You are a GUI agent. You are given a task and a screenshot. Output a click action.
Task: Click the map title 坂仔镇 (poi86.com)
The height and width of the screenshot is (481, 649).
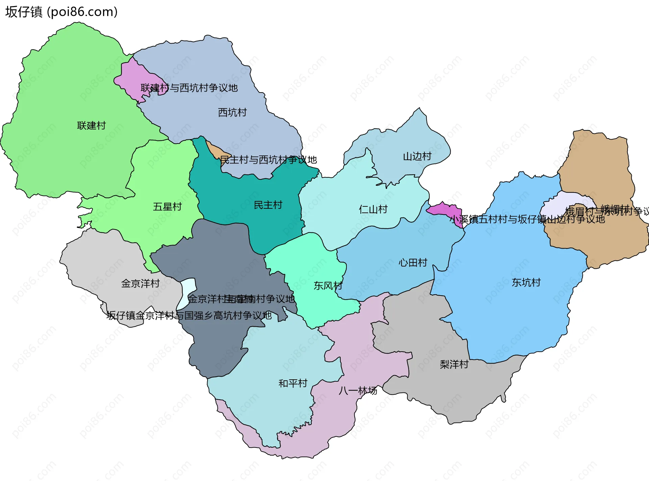pyautogui.click(x=61, y=12)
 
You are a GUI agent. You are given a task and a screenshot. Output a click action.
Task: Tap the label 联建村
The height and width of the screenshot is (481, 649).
pyautogui.click(x=91, y=126)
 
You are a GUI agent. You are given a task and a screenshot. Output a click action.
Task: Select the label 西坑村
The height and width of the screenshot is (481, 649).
pyautogui.click(x=232, y=112)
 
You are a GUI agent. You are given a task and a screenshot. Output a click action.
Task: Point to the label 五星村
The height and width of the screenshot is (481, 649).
pyautogui.click(x=167, y=206)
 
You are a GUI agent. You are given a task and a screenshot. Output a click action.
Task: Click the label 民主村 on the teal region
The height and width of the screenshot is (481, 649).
pyautogui.click(x=268, y=205)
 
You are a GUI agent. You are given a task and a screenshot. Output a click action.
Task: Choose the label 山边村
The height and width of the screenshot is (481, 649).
pyautogui.click(x=417, y=156)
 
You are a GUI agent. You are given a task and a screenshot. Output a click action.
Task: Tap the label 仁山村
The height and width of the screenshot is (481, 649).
pyautogui.click(x=373, y=209)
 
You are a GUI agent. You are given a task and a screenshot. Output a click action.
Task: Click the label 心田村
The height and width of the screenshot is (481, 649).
pyautogui.click(x=413, y=262)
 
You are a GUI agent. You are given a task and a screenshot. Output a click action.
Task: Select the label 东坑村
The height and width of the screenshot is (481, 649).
pyautogui.click(x=526, y=282)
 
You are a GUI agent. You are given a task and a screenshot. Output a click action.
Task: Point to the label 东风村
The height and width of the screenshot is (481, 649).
pyautogui.click(x=328, y=286)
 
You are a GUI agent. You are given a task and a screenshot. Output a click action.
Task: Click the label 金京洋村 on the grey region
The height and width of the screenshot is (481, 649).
pyautogui.click(x=140, y=283)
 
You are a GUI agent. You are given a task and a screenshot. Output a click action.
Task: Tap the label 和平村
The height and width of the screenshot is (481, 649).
pyautogui.click(x=293, y=383)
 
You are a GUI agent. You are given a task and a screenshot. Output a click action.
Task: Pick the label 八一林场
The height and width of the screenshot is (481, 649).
pyautogui.click(x=358, y=391)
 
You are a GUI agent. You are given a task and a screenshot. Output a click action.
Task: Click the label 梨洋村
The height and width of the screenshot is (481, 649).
pyautogui.click(x=454, y=364)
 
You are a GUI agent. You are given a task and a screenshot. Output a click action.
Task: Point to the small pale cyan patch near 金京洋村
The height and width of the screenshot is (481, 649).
pyautogui.click(x=188, y=290)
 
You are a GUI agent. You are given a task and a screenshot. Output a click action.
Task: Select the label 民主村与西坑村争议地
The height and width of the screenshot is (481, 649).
pyautogui.click(x=268, y=160)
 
